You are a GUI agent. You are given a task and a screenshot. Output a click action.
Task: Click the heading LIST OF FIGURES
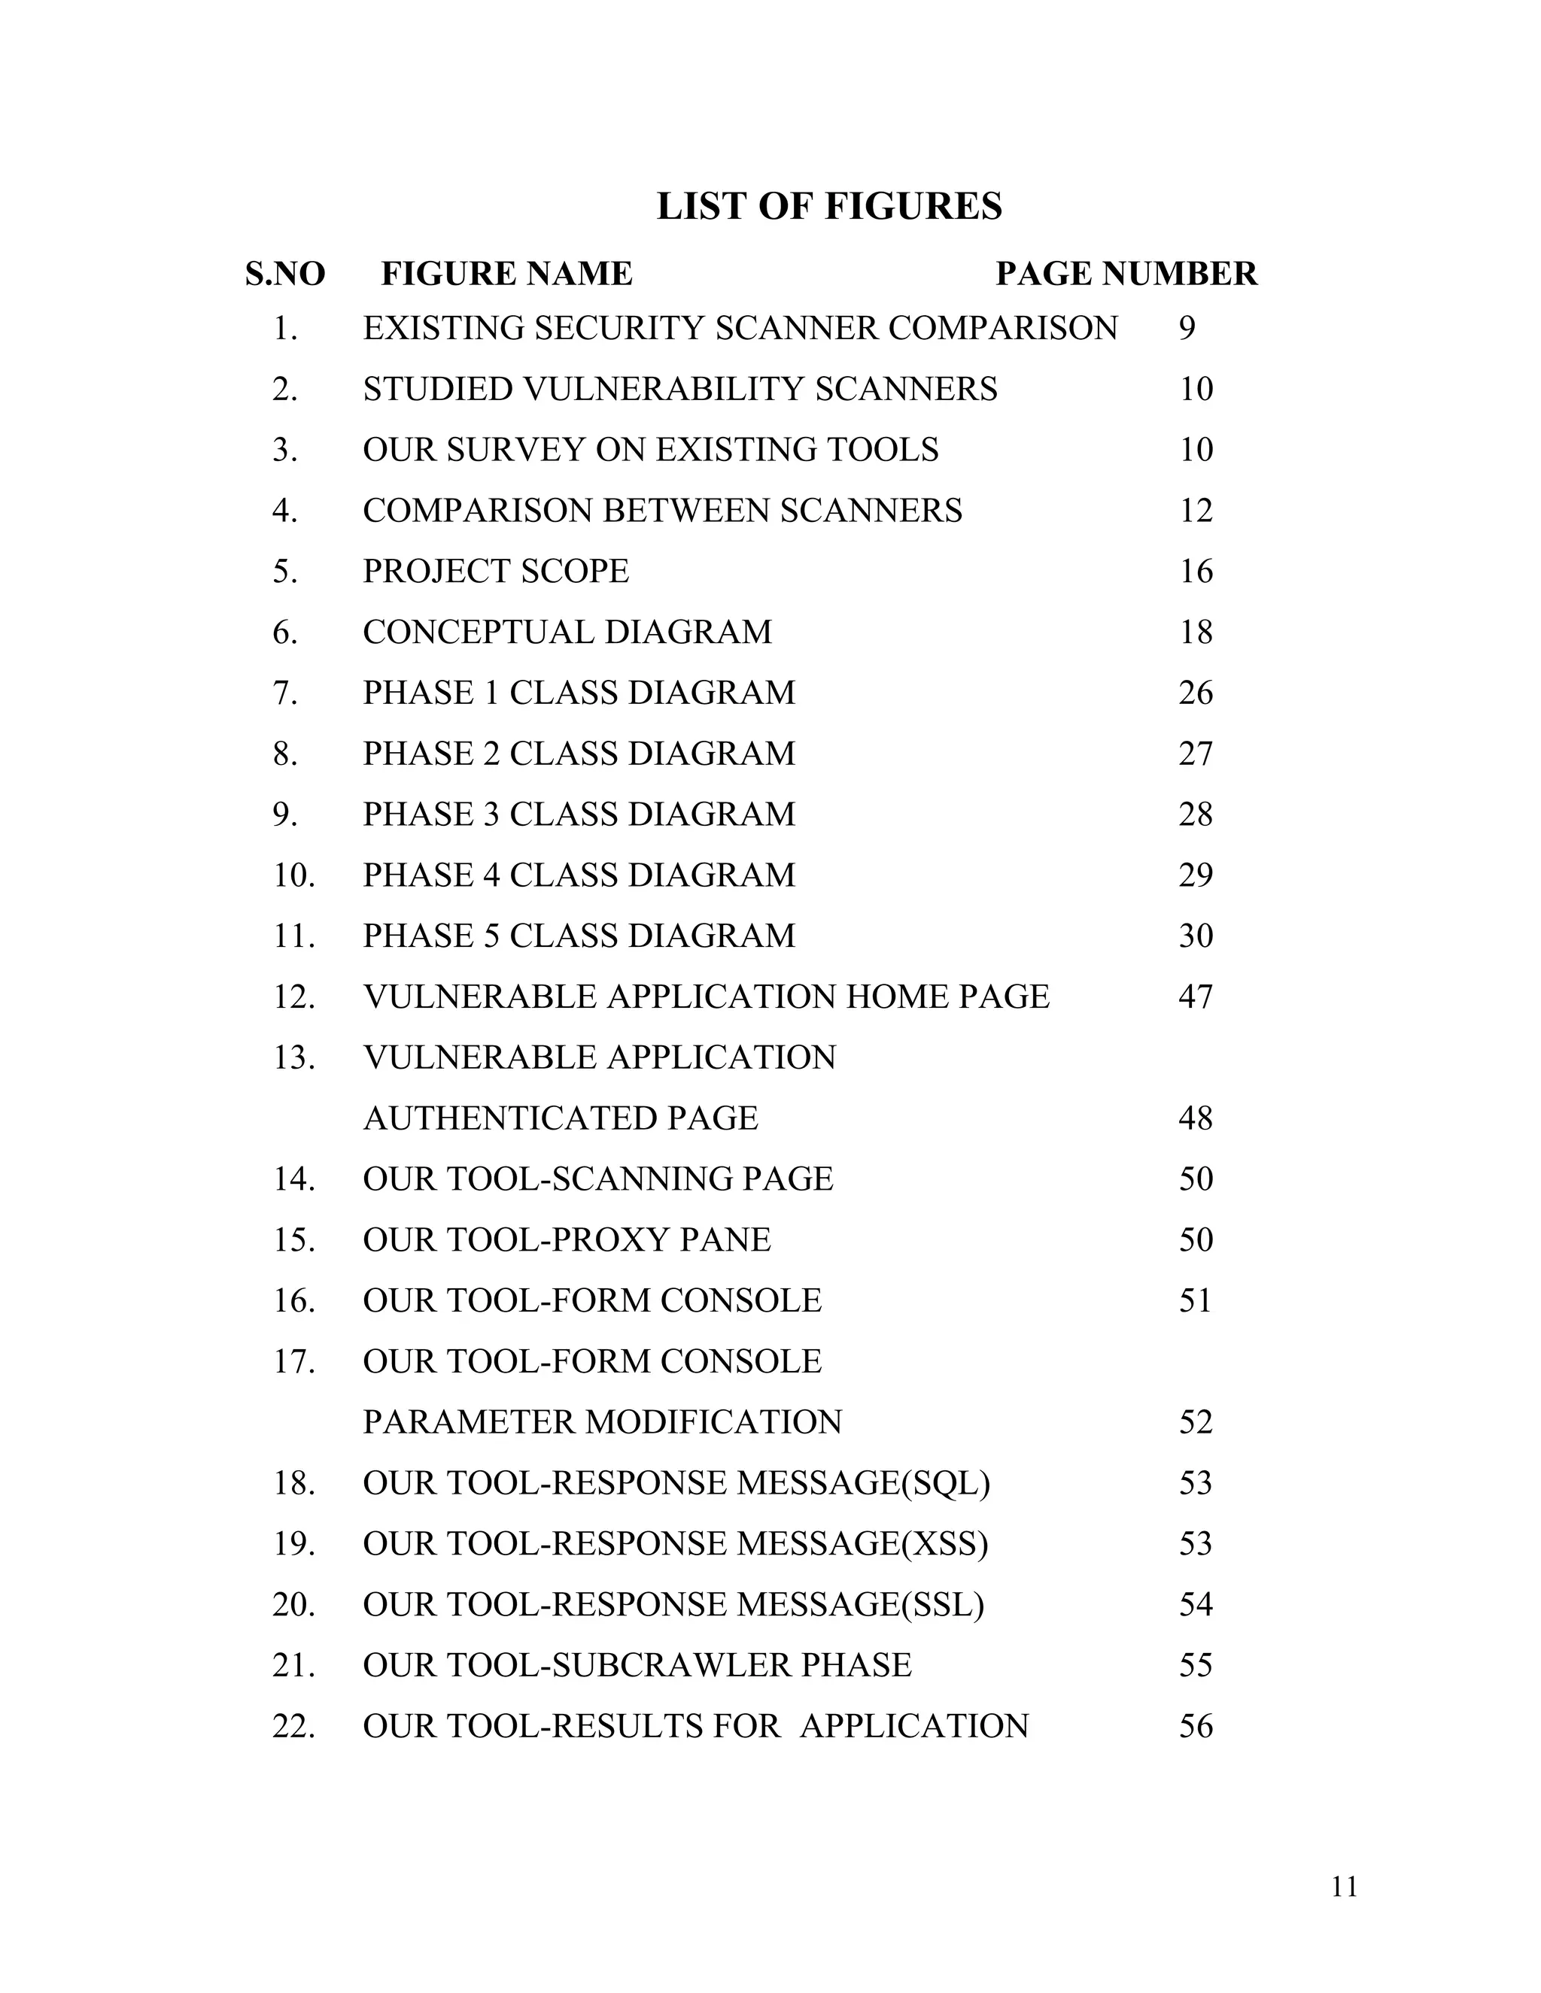(x=829, y=206)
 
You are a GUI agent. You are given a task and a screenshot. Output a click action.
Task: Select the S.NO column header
(x=285, y=274)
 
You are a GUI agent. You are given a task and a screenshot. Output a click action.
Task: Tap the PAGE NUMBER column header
(x=1126, y=274)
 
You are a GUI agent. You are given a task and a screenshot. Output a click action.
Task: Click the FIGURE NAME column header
(x=506, y=274)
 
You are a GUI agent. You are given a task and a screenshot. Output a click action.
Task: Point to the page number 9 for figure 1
(x=1186, y=329)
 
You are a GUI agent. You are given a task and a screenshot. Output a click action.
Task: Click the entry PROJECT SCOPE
(x=496, y=572)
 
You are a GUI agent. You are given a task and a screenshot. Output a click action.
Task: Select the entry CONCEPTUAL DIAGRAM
(x=567, y=632)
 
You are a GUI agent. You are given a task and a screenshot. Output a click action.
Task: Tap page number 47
(x=1195, y=996)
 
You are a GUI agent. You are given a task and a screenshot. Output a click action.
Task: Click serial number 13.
(x=294, y=1057)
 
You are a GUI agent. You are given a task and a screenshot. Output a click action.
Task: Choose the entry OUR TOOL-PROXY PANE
(x=567, y=1240)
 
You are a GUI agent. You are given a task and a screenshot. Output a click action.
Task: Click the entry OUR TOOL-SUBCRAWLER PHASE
(x=637, y=1665)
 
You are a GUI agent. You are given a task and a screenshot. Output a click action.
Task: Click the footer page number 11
(x=1345, y=1886)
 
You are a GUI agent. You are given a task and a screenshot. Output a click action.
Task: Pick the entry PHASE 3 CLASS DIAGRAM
(x=579, y=814)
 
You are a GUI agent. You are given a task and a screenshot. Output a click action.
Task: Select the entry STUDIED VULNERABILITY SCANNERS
(x=680, y=390)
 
